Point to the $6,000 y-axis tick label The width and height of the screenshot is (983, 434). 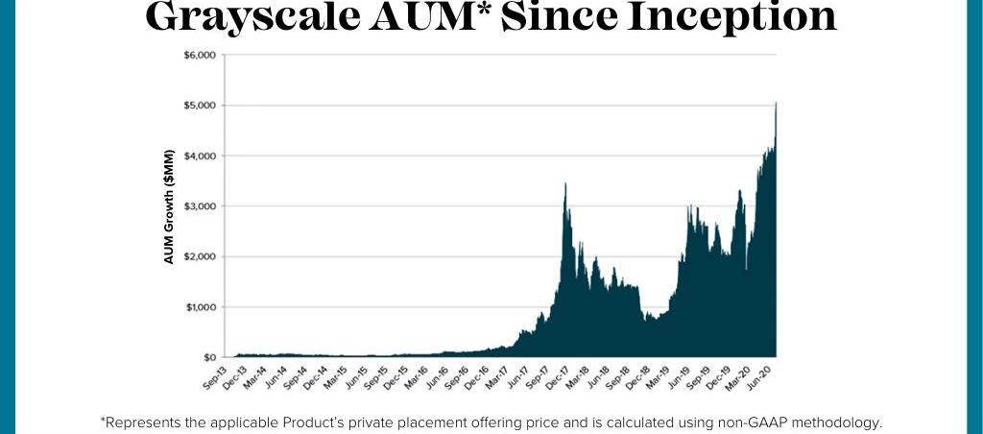click(x=200, y=55)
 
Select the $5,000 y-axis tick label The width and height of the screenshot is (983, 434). click(x=200, y=105)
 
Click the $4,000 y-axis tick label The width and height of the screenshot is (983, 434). click(x=200, y=156)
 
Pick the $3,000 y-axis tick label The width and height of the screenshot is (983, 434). click(x=200, y=206)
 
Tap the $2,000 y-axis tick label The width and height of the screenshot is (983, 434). click(x=200, y=256)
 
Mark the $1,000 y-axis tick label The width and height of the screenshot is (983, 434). click(x=200, y=307)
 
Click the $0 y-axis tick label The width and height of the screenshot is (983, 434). click(x=206, y=357)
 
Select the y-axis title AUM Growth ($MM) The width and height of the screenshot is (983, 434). click(x=170, y=206)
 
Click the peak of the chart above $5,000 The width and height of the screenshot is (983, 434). click(x=775, y=104)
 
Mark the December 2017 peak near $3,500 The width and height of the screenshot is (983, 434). click(x=565, y=184)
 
